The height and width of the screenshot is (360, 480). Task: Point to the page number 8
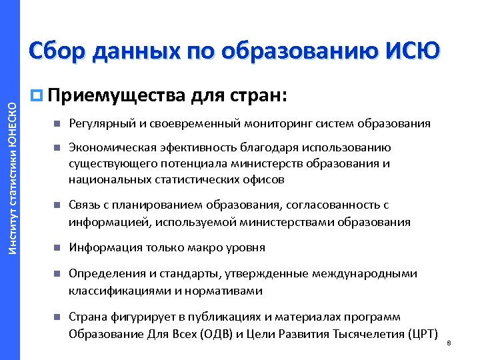(x=449, y=343)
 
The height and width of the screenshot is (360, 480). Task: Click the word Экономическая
(x=109, y=148)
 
